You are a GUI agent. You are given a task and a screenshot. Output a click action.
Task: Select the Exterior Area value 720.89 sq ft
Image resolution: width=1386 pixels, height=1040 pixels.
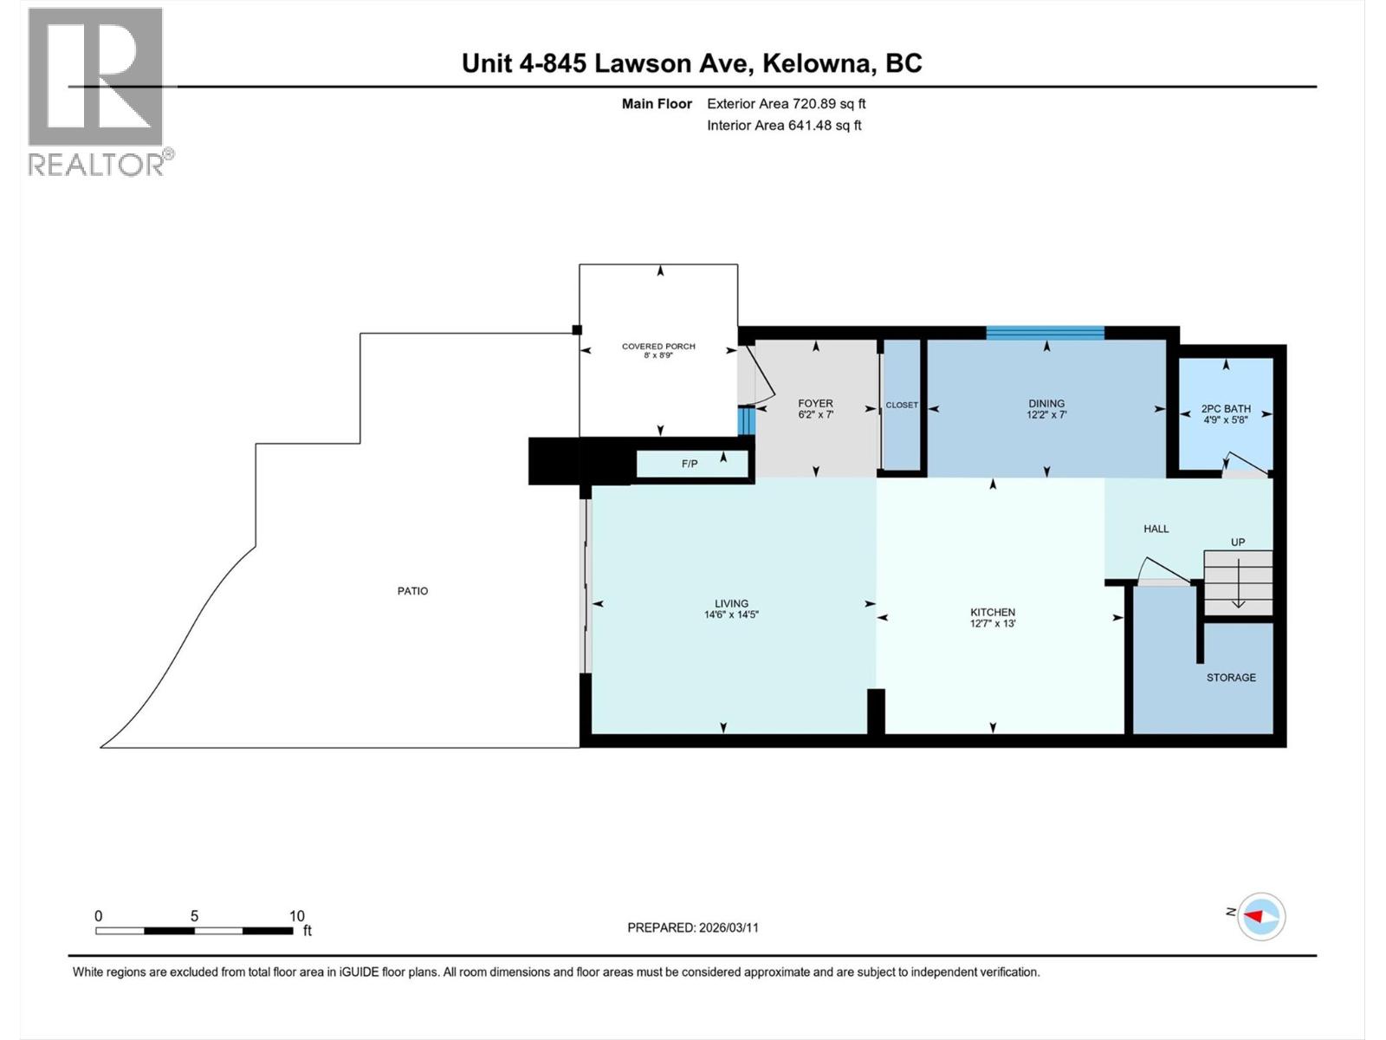click(829, 104)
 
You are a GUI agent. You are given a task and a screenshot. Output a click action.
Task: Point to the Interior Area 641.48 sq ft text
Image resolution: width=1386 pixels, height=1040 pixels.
click(784, 126)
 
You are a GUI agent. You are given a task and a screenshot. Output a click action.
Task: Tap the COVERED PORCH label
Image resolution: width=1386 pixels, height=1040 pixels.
click(658, 347)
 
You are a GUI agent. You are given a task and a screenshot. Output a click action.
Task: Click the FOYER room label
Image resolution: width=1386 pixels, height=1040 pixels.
click(815, 404)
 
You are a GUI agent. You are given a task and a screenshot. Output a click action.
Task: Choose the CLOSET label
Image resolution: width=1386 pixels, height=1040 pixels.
click(902, 405)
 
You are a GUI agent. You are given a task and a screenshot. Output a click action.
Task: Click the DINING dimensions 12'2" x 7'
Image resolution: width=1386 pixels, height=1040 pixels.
click(1046, 415)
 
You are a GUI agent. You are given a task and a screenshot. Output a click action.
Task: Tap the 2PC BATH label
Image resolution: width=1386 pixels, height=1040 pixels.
click(1226, 409)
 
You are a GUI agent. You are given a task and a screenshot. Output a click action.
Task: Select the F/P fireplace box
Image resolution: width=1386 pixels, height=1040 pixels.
click(691, 464)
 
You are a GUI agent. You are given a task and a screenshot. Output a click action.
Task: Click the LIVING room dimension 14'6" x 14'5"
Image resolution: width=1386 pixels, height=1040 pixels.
click(732, 615)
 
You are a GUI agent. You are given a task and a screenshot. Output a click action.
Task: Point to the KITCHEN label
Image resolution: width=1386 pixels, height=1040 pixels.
click(993, 613)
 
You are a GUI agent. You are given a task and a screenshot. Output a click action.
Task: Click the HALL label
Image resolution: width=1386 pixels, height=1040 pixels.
click(1156, 529)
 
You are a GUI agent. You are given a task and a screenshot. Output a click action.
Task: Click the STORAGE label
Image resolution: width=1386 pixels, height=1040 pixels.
click(1231, 678)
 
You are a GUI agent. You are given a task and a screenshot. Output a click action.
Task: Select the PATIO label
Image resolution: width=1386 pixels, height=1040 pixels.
click(413, 591)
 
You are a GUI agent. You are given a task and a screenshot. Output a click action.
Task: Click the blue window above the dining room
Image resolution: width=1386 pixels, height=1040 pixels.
click(1046, 333)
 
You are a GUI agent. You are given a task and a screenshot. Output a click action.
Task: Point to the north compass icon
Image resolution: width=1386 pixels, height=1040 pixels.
click(1261, 916)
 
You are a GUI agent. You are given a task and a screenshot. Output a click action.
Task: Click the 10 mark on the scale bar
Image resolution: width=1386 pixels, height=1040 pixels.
click(296, 916)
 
